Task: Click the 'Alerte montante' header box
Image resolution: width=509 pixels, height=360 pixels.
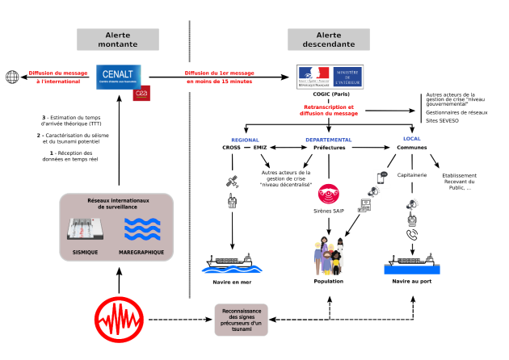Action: pyautogui.click(x=118, y=40)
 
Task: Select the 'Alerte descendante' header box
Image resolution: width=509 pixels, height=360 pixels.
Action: pyautogui.click(x=329, y=40)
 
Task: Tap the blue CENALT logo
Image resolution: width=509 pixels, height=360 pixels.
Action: pyautogui.click(x=118, y=77)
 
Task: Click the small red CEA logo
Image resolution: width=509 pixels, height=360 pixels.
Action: pyautogui.click(x=141, y=94)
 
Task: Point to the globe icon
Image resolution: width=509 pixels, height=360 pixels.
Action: pyautogui.click(x=12, y=77)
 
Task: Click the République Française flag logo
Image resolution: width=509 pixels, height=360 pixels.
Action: pyautogui.click(x=313, y=76)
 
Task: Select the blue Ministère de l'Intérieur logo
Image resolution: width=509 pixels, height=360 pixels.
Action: pyautogui.click(x=348, y=77)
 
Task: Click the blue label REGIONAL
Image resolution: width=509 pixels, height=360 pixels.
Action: pyautogui.click(x=245, y=140)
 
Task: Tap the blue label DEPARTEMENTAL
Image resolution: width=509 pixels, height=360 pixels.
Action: pyautogui.click(x=328, y=140)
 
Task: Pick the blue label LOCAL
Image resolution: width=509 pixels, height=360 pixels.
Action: pyautogui.click(x=412, y=139)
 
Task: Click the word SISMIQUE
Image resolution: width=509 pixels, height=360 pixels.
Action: pyautogui.click(x=85, y=253)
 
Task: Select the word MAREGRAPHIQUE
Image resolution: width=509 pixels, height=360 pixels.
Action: pyautogui.click(x=141, y=253)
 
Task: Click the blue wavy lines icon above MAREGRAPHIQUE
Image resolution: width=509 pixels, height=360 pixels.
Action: pyautogui.click(x=142, y=229)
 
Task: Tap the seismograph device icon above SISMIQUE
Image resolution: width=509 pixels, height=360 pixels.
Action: pyautogui.click(x=85, y=229)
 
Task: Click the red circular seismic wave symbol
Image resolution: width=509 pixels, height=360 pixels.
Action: pyautogui.click(x=119, y=320)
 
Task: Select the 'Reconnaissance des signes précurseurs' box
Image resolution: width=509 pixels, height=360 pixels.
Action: pyautogui.click(x=241, y=320)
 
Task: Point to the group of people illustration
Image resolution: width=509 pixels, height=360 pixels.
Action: pyautogui.click(x=329, y=257)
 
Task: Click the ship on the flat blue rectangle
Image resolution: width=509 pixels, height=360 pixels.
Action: pyautogui.click(x=412, y=264)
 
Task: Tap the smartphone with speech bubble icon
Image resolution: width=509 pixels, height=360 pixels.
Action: pyautogui.click(x=382, y=177)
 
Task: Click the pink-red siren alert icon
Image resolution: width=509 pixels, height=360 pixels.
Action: pyautogui.click(x=329, y=195)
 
